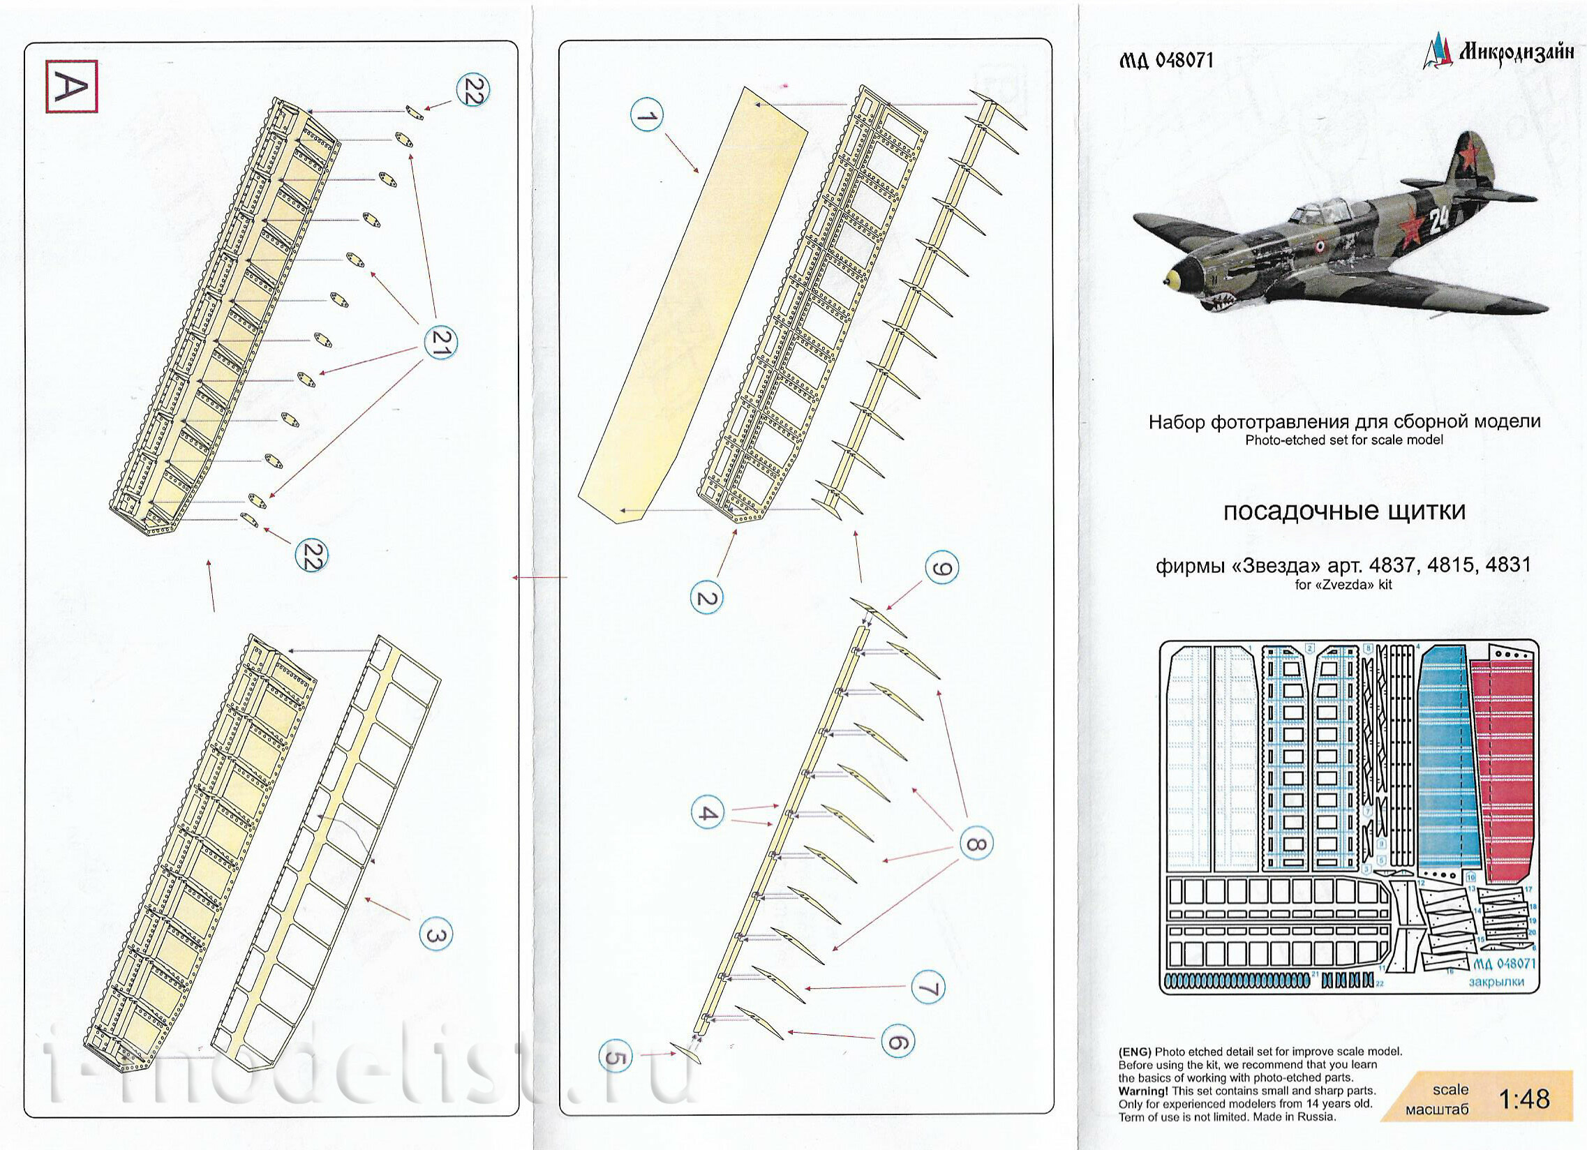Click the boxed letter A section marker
71,86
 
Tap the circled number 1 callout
646,115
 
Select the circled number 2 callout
707,599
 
